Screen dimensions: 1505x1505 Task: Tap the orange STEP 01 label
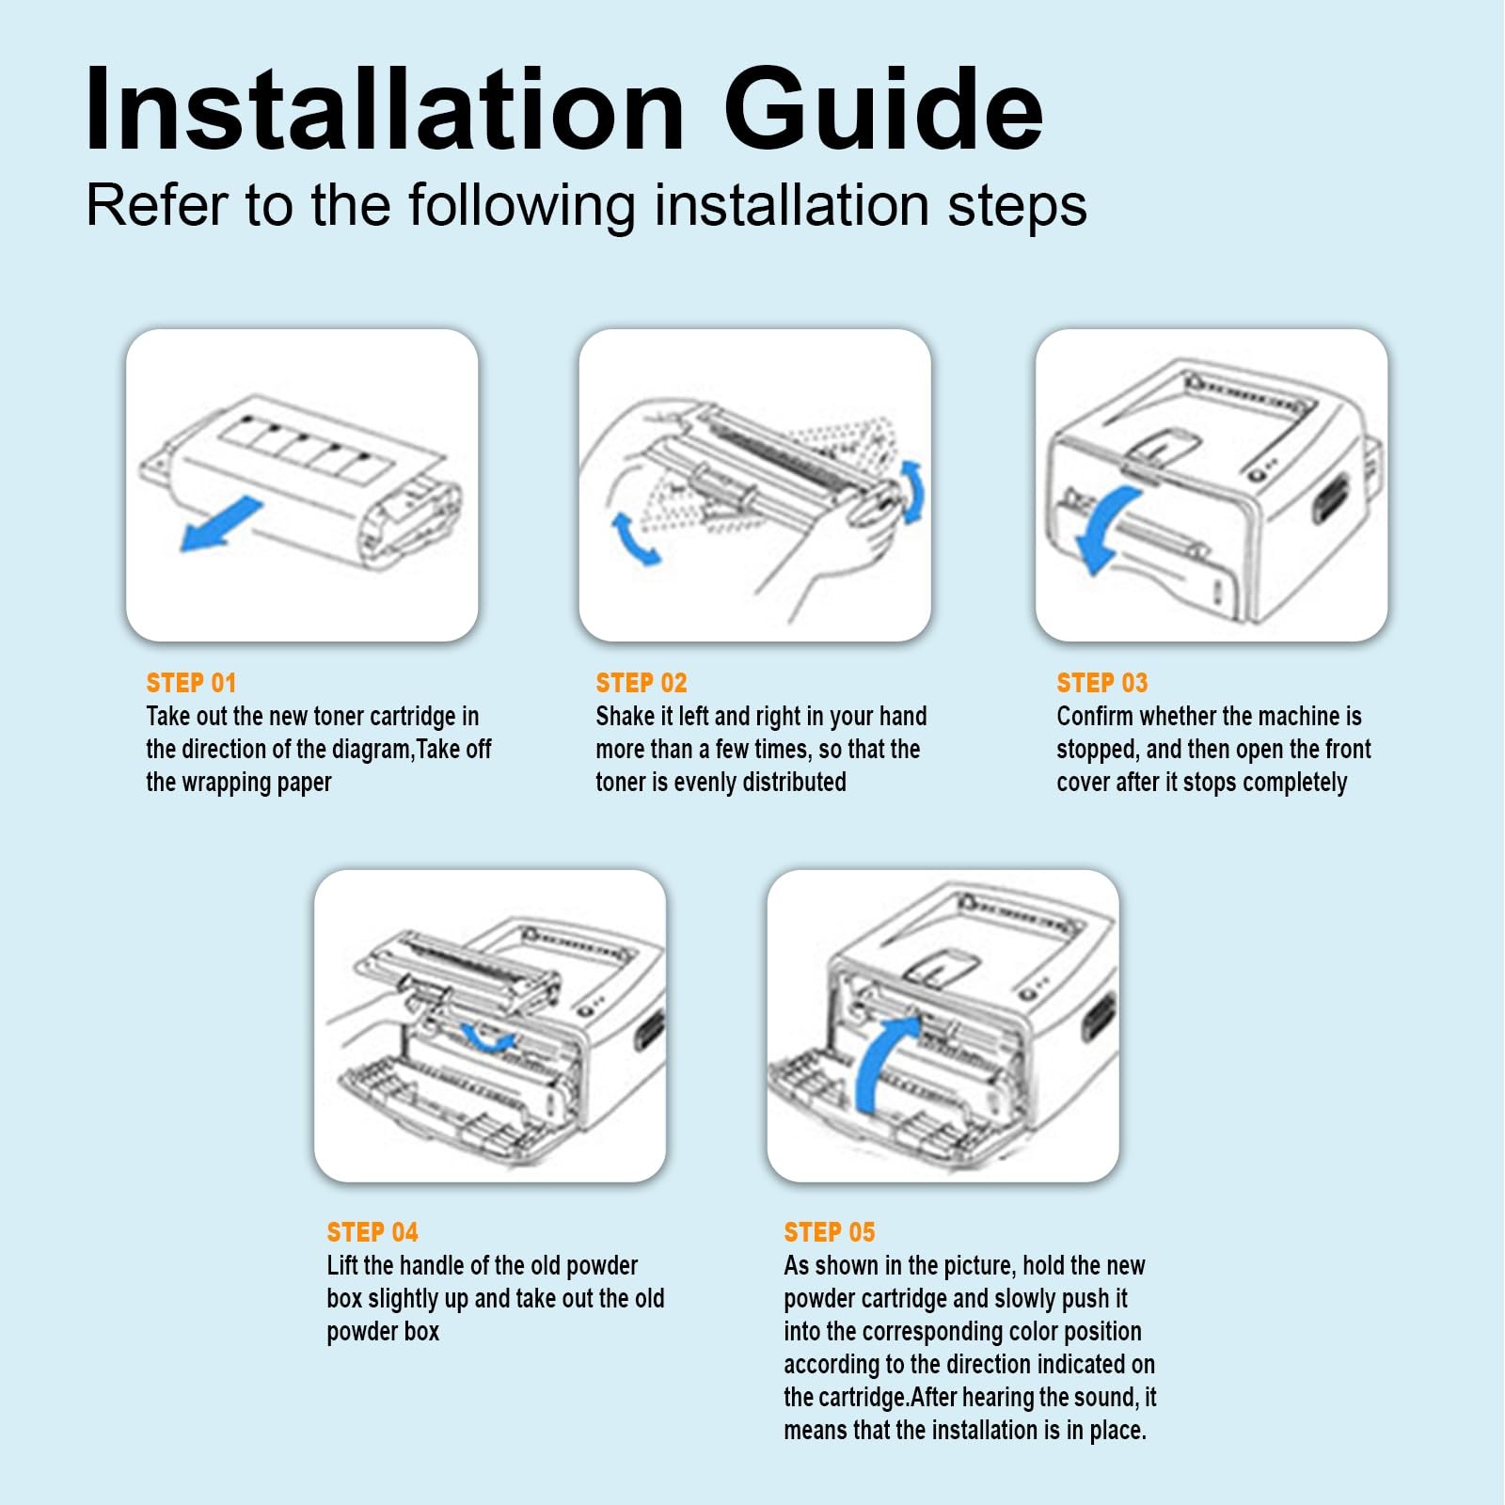[191, 683]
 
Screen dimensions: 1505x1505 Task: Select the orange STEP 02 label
[642, 683]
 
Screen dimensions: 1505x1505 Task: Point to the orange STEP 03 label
[1102, 683]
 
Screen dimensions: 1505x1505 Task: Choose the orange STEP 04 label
[372, 1232]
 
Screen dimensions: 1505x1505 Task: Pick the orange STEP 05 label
[830, 1232]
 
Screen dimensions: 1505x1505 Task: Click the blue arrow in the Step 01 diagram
[221, 525]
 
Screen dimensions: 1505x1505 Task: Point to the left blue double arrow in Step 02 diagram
[634, 538]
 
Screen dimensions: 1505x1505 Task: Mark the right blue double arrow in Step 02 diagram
[912, 492]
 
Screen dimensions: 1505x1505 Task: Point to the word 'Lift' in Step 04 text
[341, 1266]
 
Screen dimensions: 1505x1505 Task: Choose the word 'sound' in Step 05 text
[1107, 1398]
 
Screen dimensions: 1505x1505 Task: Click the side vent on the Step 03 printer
[1330, 499]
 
